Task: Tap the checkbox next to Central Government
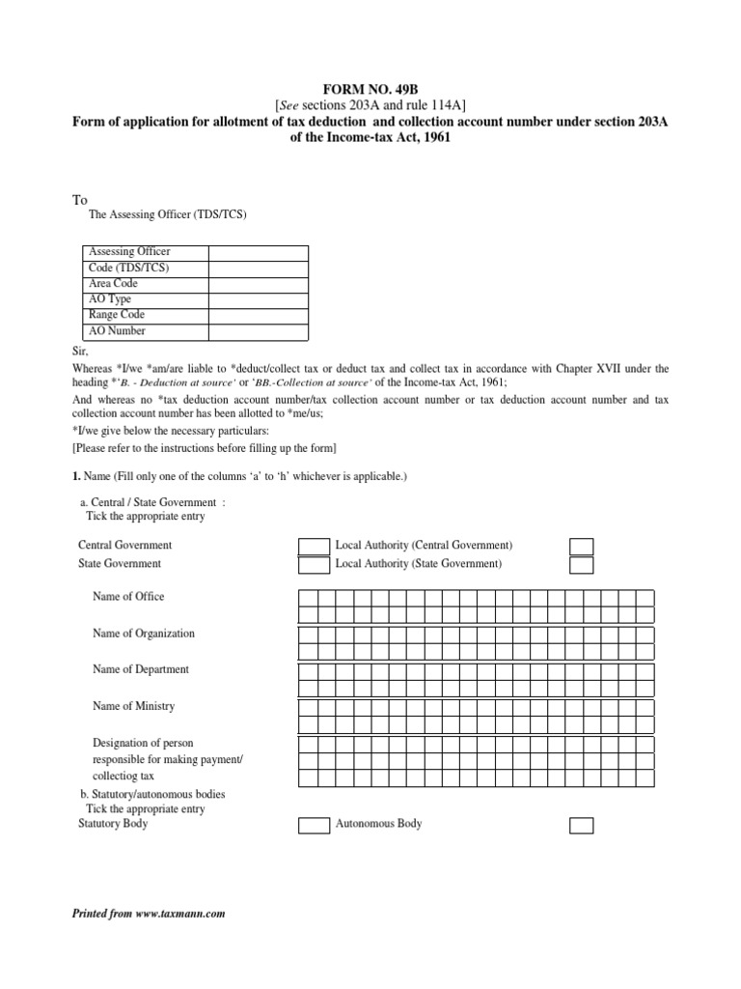tap(314, 547)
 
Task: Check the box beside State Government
tap(314, 565)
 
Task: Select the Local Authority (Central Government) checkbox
tap(581, 547)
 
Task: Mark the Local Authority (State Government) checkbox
tap(581, 565)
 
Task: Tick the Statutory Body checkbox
tap(314, 826)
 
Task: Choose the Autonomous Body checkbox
tap(581, 826)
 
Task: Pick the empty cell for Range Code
tap(258, 316)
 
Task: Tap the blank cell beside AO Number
tap(258, 332)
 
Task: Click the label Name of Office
tap(128, 597)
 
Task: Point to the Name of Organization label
tap(143, 634)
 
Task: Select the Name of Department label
tap(140, 669)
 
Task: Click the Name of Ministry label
tap(133, 706)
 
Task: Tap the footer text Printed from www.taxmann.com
tap(149, 914)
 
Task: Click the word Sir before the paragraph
tap(80, 353)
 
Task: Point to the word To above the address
tap(80, 200)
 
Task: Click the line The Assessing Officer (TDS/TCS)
tap(167, 214)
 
